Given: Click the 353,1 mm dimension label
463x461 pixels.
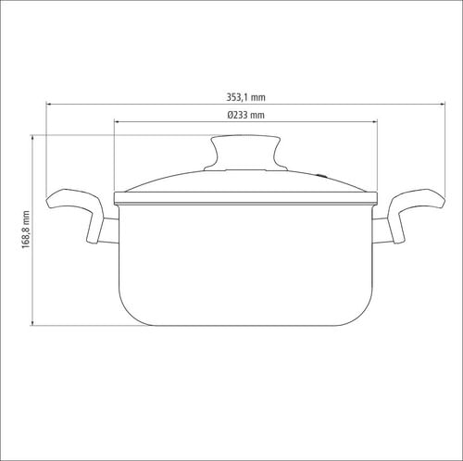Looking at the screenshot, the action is tap(245, 97).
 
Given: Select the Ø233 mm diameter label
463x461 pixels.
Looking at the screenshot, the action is tap(245, 115).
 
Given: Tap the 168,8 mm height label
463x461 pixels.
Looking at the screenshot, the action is tap(26, 230).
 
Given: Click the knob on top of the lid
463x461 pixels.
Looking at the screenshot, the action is tap(245, 153).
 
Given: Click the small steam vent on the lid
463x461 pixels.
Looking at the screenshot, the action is tap(321, 176).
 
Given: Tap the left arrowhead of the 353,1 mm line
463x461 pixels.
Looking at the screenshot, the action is tap(48, 105).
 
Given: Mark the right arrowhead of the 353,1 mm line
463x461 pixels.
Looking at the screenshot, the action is tap(443, 105).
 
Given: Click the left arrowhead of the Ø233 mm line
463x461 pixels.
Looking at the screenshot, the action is tap(117, 122).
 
